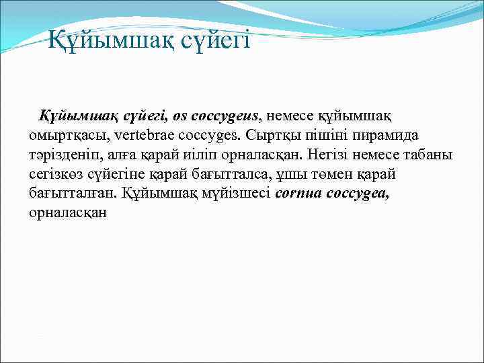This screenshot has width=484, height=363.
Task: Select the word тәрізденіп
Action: pyautogui.click(x=65, y=155)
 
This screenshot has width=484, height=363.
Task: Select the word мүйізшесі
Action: pyautogui.click(x=239, y=194)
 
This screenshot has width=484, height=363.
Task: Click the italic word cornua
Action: pyautogui.click(x=298, y=194)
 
